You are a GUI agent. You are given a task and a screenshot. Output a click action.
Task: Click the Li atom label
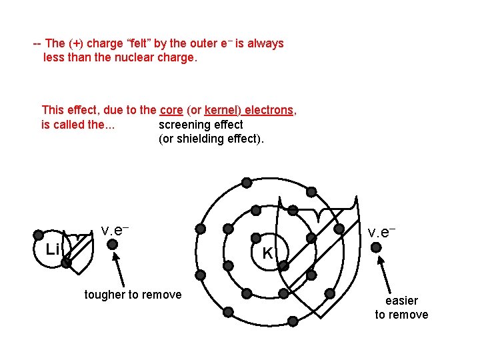coord(53,249)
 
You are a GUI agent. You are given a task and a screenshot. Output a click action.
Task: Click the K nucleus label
coord(267,253)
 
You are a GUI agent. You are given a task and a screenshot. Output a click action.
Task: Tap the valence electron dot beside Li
coord(113,245)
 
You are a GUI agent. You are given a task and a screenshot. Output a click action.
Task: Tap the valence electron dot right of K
coord(376,248)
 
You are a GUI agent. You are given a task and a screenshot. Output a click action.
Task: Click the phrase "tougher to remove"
coord(133,295)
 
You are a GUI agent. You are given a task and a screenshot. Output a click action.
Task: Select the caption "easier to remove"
coord(401,308)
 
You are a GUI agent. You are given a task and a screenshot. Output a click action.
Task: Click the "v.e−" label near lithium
coord(115,230)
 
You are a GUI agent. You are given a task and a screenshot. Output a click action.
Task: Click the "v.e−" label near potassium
coord(382,232)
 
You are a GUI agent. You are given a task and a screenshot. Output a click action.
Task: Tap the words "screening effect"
coord(201,125)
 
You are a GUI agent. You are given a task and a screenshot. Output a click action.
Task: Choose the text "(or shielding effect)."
coord(211,139)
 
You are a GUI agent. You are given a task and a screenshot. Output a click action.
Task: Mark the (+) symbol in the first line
coord(77,43)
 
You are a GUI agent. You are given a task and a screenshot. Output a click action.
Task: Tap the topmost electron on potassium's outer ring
coord(247,182)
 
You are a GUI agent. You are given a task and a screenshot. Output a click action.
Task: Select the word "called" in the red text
coord(69,125)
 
